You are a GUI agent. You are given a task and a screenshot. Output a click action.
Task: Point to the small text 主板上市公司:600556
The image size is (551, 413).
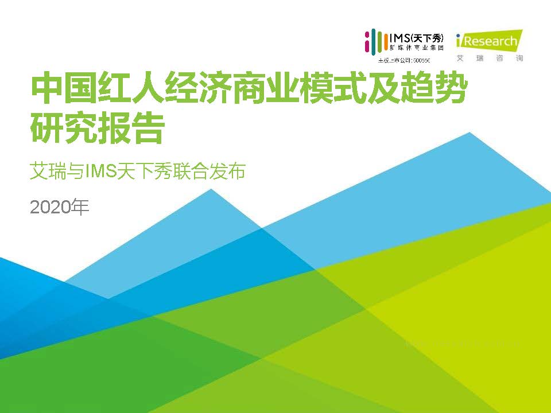pyautogui.click(x=403, y=60)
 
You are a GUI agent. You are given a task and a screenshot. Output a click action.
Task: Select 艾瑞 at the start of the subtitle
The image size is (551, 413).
pyautogui.click(x=48, y=171)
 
